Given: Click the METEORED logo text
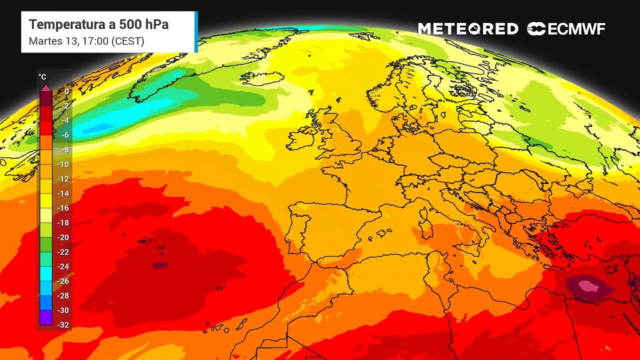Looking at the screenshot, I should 468,29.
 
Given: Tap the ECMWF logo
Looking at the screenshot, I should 566,29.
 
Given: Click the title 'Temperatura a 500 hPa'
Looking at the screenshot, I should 98,24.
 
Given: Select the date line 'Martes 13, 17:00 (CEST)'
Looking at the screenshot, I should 86,41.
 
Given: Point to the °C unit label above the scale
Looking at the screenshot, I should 42,77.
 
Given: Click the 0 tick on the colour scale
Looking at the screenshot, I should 66,91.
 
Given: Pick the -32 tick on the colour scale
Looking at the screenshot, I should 63,325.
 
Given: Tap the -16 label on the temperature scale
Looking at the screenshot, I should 63,208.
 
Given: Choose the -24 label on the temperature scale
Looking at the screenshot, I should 63,266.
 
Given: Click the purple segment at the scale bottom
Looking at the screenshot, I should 45,318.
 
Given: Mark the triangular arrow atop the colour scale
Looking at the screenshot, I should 45,87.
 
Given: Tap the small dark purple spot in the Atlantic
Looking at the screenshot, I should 159,265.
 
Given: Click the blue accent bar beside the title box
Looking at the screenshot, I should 196,32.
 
